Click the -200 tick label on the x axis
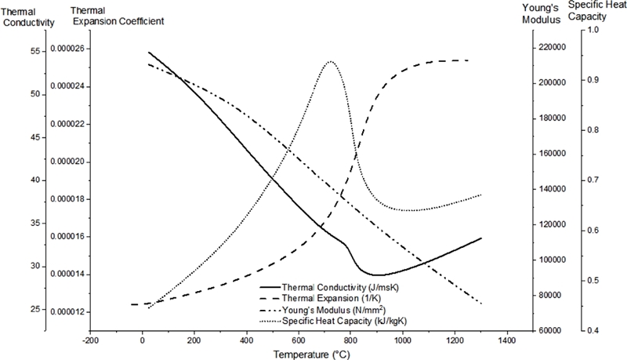click(90, 342)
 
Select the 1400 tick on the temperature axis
click(506, 342)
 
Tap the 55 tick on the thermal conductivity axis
click(34, 50)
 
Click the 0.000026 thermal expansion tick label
click(71, 49)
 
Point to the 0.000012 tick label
click(71, 311)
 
